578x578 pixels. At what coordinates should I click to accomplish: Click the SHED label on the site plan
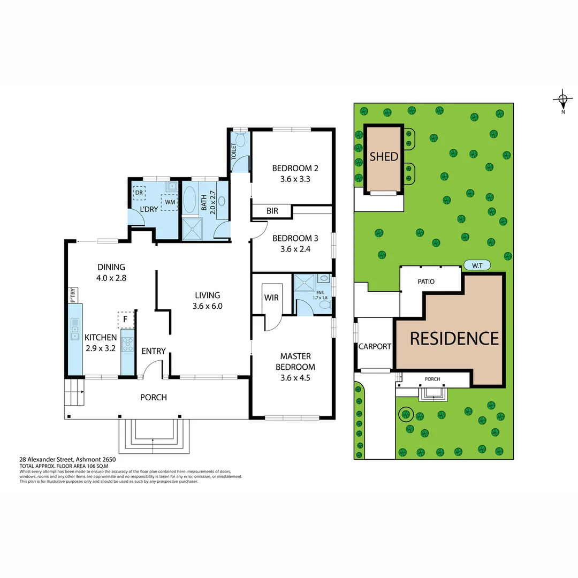(384, 156)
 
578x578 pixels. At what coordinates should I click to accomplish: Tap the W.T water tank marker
(475, 265)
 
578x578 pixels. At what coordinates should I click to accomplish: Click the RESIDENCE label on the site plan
(454, 338)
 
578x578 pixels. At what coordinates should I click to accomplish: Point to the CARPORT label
(375, 346)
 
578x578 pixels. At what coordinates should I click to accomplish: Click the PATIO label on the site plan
(426, 281)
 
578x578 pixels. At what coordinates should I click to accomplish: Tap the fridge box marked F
(125, 320)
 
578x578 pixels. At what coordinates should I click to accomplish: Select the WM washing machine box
(170, 202)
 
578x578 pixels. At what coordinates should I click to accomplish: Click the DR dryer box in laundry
(139, 193)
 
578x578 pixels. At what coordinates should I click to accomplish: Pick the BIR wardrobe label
(272, 211)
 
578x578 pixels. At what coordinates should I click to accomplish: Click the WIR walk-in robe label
(271, 298)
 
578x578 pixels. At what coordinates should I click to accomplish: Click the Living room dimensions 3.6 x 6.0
(207, 307)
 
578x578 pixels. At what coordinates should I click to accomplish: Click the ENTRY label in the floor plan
(154, 351)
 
